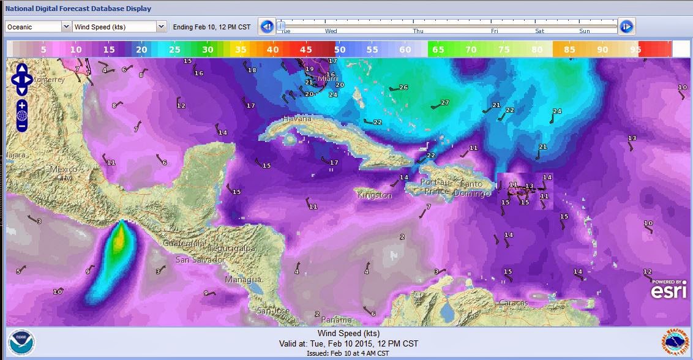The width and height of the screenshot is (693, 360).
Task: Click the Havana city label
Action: pos(298,119)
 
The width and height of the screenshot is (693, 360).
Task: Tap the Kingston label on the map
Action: pos(375,195)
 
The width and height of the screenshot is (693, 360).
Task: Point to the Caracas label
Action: pos(513,303)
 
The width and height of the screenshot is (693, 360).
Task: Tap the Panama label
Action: pos(336,320)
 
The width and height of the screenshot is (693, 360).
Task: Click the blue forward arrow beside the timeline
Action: pos(626,27)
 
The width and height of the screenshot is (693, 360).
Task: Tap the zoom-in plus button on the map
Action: pos(22,105)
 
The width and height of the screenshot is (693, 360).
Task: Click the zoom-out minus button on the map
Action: pos(22,126)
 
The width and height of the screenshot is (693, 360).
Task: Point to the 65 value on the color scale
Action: pos(438,50)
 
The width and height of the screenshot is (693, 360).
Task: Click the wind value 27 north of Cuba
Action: pos(444,103)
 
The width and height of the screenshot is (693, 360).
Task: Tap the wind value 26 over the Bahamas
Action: pos(403,88)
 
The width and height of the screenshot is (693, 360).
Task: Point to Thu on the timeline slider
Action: pos(418,31)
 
